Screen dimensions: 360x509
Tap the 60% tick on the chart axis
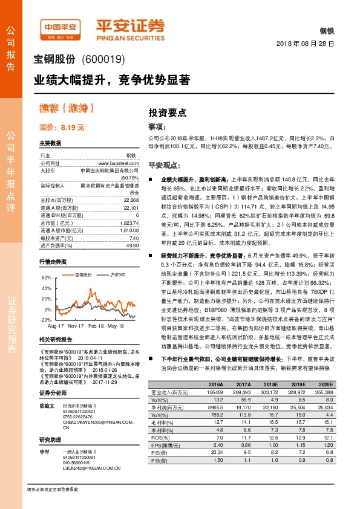click(46, 277)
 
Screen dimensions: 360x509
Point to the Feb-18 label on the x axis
click(96, 326)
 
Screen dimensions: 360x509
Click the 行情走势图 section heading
click(51, 261)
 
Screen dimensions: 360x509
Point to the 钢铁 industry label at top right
click(326, 31)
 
